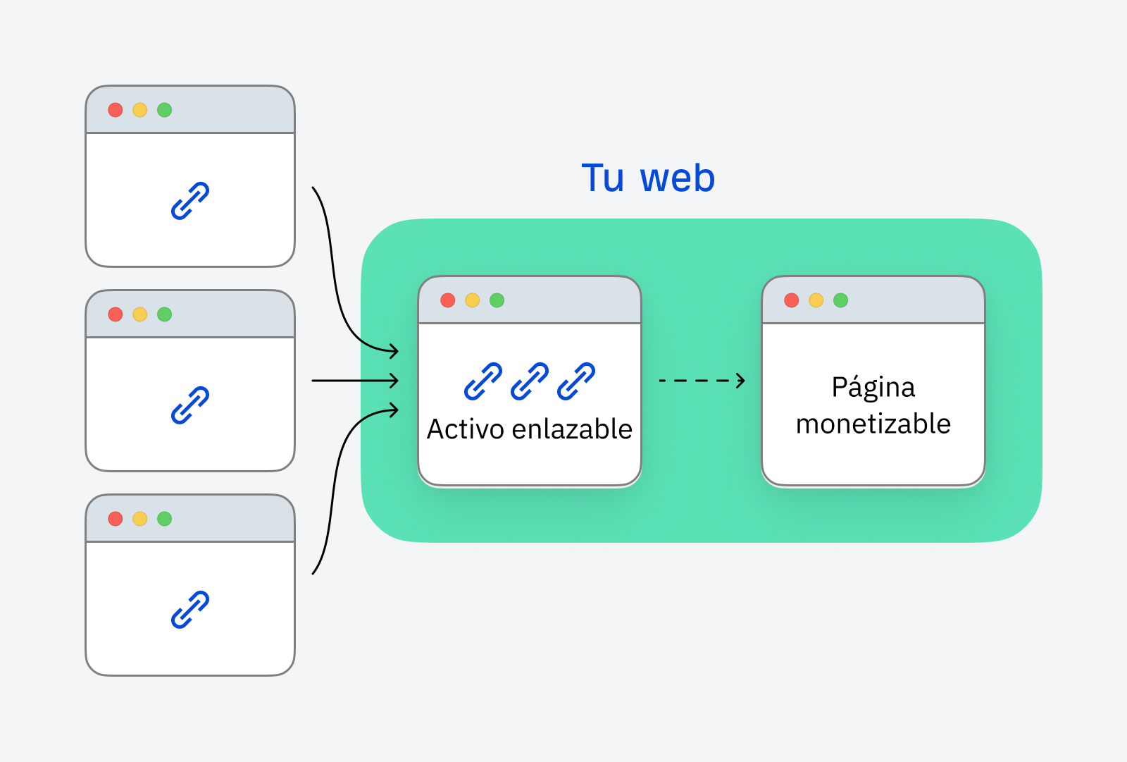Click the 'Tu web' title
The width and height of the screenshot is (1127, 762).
coord(648,178)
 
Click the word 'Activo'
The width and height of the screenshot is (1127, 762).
coord(465,429)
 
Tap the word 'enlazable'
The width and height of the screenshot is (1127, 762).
coord(572,429)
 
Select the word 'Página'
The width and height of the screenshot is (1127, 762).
coord(873,388)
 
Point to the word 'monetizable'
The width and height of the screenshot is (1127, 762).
coord(873,424)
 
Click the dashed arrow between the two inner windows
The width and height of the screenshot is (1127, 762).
coord(701,381)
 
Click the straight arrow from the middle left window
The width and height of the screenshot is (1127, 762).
coord(354,381)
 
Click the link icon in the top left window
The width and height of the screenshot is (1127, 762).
coord(190,201)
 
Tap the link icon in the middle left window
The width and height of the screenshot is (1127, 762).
coord(190,405)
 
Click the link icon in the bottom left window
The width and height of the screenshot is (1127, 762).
coord(190,610)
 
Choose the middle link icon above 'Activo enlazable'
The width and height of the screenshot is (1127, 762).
coord(530,381)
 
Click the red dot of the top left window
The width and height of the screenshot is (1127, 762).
coord(116,110)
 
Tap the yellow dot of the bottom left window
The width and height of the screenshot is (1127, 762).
coord(140,519)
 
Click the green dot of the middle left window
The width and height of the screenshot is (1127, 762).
coord(165,314)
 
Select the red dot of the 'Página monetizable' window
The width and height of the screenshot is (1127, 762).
coord(792,300)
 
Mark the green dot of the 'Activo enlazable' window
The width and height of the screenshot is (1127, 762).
coord(497,300)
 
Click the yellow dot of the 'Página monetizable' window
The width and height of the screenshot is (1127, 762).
coord(816,300)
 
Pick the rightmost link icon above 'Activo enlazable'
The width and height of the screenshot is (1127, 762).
coord(576,381)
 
